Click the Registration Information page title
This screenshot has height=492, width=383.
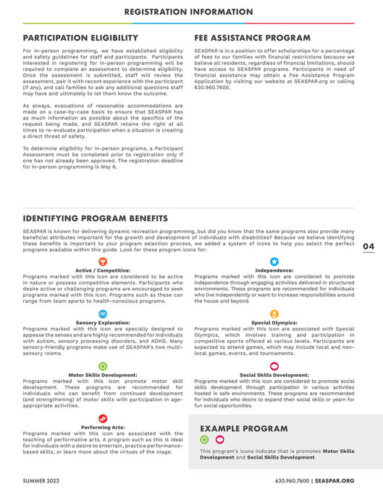(191, 12)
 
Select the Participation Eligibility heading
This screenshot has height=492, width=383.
(80, 38)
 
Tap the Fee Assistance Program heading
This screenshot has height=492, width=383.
(253, 38)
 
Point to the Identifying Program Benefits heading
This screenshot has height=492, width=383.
(96, 218)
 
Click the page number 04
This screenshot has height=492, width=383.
(369, 247)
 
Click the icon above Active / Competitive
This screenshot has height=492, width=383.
(102, 260)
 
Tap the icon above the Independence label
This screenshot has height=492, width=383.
(274, 261)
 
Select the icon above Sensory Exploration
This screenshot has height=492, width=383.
(102, 313)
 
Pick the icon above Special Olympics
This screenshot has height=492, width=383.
(274, 313)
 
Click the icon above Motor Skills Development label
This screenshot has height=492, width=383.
(102, 366)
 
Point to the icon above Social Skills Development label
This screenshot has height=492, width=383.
(274, 366)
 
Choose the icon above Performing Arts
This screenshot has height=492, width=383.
(102, 419)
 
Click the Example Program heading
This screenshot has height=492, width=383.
(238, 428)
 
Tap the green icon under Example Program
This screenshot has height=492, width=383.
(204, 439)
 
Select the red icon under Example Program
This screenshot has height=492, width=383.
(220, 439)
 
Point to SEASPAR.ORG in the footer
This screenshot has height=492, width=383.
(334, 480)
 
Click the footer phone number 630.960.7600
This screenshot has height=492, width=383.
(292, 480)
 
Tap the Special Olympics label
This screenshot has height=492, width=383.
(274, 322)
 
